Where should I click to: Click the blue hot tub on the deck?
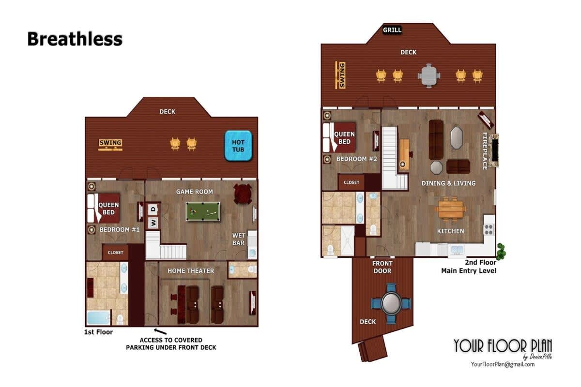(238, 146)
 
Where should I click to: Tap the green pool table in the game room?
(203, 211)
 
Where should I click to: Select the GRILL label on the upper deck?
(392, 30)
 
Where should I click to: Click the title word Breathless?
(75, 39)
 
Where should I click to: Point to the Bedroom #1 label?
(120, 230)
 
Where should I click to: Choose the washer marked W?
(153, 223)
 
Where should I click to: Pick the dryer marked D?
(153, 209)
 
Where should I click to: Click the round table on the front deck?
(391, 303)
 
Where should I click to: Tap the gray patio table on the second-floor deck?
(429, 76)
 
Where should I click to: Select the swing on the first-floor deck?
(110, 145)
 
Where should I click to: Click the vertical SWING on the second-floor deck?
(340, 75)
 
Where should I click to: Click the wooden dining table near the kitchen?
(451, 209)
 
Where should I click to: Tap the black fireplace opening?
(495, 150)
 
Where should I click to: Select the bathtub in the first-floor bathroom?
(99, 318)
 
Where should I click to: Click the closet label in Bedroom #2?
(352, 182)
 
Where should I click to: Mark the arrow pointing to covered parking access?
(160, 331)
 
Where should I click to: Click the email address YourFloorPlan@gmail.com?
(503, 364)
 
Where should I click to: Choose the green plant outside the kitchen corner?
(501, 251)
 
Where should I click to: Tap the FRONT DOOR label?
(382, 267)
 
